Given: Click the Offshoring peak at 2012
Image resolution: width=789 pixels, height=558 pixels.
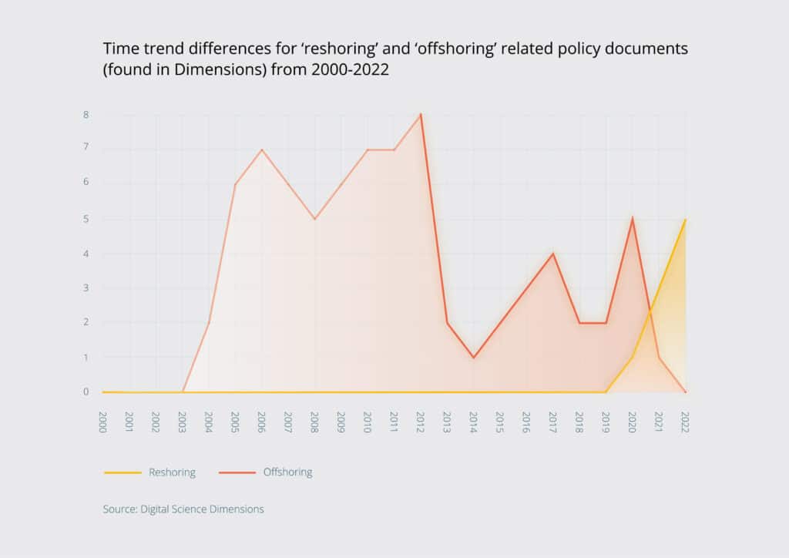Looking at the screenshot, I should (x=420, y=114).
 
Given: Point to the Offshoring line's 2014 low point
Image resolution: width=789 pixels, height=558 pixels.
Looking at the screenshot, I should (x=473, y=358).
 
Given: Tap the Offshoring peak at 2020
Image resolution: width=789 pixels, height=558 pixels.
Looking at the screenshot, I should (x=632, y=218).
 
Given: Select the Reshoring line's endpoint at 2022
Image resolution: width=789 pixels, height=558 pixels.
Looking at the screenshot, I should (x=685, y=219).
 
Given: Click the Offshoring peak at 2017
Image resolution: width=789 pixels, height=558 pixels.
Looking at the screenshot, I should (x=552, y=254).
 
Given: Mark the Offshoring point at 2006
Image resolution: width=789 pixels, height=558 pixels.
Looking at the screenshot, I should (x=262, y=149).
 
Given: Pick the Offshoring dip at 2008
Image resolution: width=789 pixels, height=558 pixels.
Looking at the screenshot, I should (x=314, y=219).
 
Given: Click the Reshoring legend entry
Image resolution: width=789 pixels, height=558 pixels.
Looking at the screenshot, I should (x=149, y=472).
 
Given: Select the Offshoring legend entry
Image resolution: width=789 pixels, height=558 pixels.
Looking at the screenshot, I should (x=266, y=472).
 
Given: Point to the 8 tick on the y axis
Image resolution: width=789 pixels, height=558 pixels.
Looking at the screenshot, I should (x=86, y=115).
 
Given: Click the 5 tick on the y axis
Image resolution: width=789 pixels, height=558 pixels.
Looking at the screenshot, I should (x=86, y=219).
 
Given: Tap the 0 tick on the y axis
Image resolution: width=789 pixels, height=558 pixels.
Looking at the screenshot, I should (x=86, y=392).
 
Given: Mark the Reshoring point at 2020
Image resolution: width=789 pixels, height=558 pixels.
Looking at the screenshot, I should (x=632, y=358).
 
